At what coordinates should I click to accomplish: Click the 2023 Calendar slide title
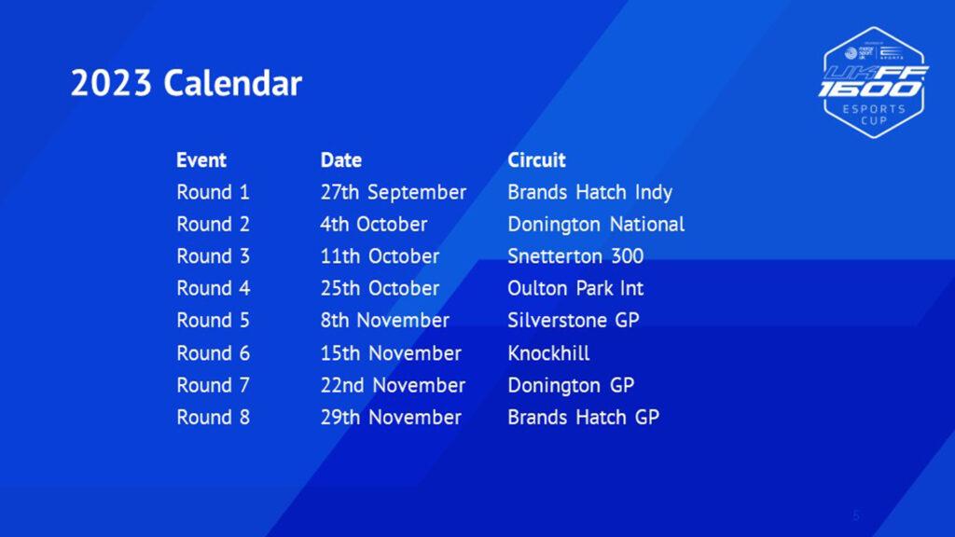187,83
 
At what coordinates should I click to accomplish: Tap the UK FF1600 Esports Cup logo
874,83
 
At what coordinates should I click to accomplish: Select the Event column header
201,160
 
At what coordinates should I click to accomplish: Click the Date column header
341,160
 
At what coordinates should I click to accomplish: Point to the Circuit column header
536,160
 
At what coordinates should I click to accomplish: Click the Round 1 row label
214,192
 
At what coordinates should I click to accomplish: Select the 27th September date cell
394,192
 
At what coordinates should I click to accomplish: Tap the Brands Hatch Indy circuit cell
590,192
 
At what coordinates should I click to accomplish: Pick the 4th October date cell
374,225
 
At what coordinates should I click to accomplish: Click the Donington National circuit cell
596,225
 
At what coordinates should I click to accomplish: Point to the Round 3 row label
214,256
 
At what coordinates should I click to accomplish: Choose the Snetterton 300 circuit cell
575,256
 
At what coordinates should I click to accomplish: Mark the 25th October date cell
381,289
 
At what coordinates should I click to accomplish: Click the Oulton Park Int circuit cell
575,289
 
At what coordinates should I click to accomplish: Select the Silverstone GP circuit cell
574,321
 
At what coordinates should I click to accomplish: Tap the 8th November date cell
385,321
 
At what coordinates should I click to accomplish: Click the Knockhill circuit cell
548,353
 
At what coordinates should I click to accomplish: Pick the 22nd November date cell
393,385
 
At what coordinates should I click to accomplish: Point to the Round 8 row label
214,418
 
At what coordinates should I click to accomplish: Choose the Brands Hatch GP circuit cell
584,418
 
